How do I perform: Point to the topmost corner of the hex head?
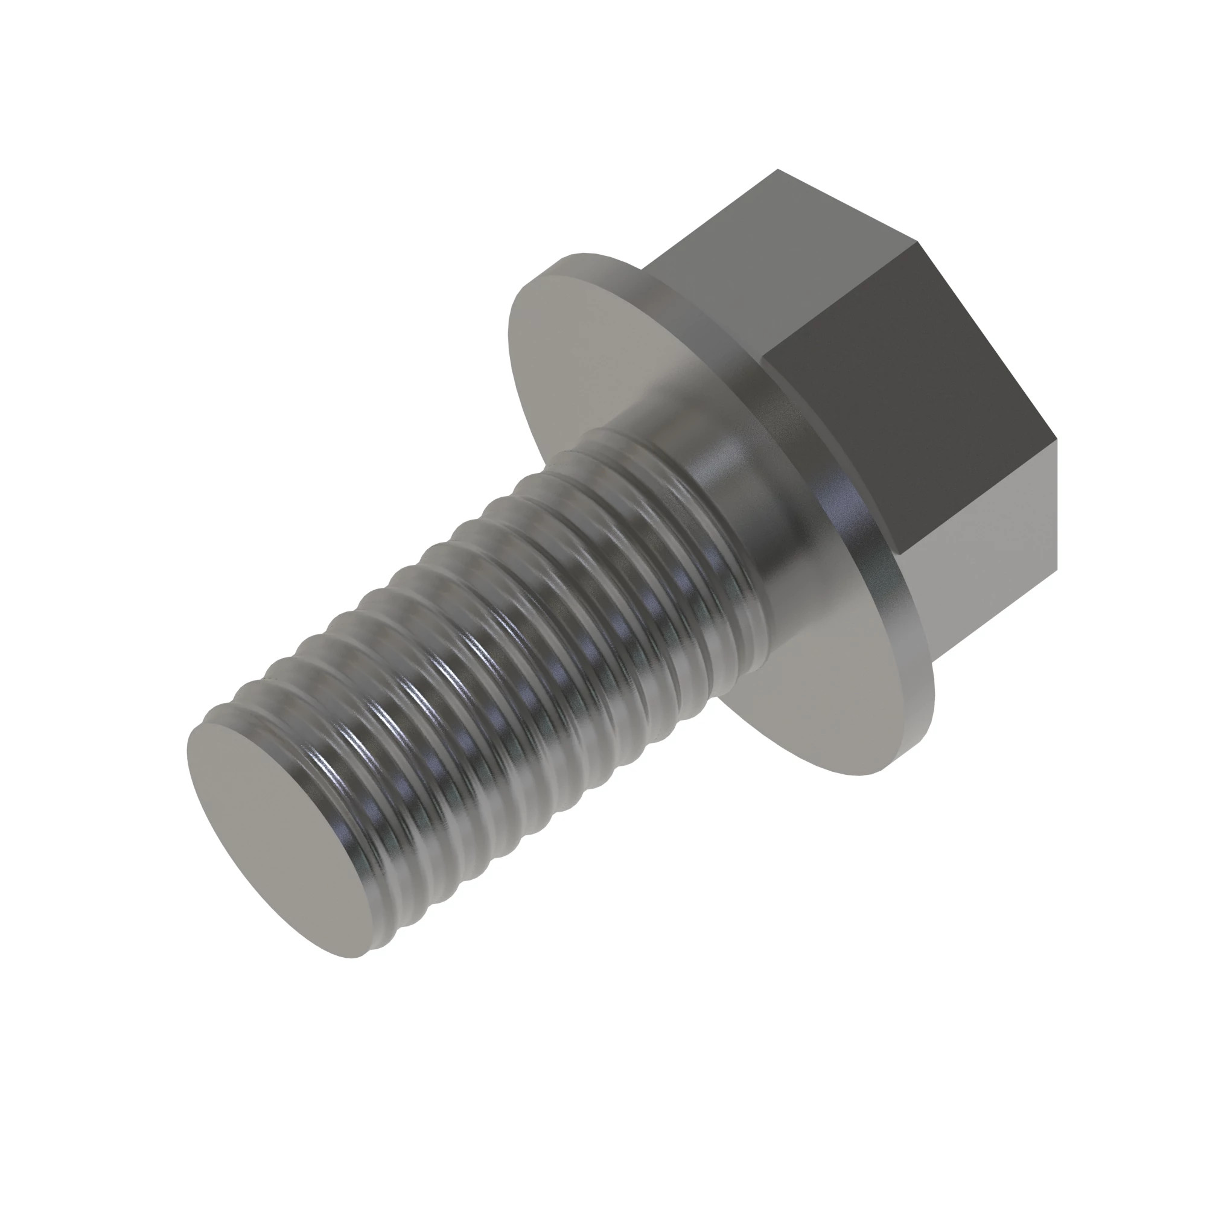777,170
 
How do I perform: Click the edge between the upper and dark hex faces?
844,300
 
